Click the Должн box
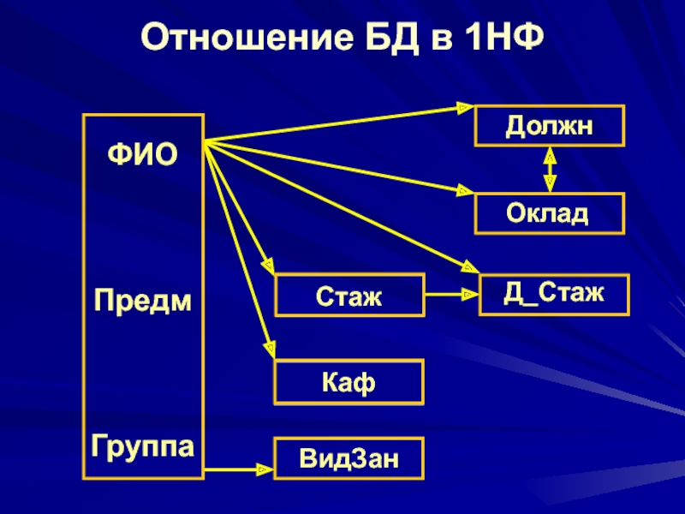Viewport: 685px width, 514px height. (550, 126)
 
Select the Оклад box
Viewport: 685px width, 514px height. (550, 213)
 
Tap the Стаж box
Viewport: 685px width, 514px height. (349, 295)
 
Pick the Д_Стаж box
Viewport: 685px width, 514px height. (554, 294)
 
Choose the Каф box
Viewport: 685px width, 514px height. (349, 382)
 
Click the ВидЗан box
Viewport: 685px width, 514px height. (349, 458)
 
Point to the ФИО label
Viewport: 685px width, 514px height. (142, 154)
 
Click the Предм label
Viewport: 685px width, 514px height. (143, 302)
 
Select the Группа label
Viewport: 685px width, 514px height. (142, 446)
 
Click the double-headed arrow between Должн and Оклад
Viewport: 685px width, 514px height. (550, 170)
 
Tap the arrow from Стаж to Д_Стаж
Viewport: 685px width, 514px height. (452, 295)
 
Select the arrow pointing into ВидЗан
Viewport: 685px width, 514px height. (239, 469)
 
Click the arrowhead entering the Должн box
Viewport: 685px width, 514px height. (465, 108)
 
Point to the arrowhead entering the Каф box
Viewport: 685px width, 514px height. (270, 350)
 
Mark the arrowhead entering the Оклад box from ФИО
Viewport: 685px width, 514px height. (465, 190)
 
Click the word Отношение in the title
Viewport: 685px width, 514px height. (247, 37)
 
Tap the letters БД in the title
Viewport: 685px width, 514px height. (392, 38)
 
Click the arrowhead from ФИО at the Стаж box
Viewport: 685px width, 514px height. (268, 266)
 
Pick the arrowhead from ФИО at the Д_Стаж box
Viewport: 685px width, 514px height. (471, 266)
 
